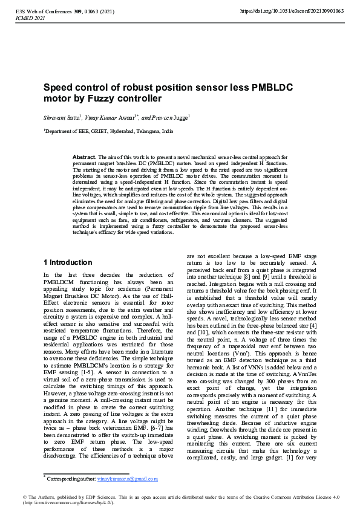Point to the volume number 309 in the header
(78, 11)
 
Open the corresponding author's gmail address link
(128, 479)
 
